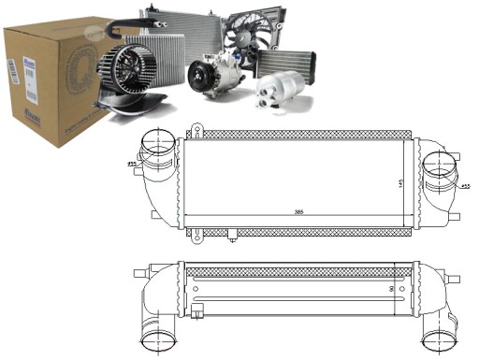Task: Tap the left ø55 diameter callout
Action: pyautogui.click(x=133, y=166)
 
